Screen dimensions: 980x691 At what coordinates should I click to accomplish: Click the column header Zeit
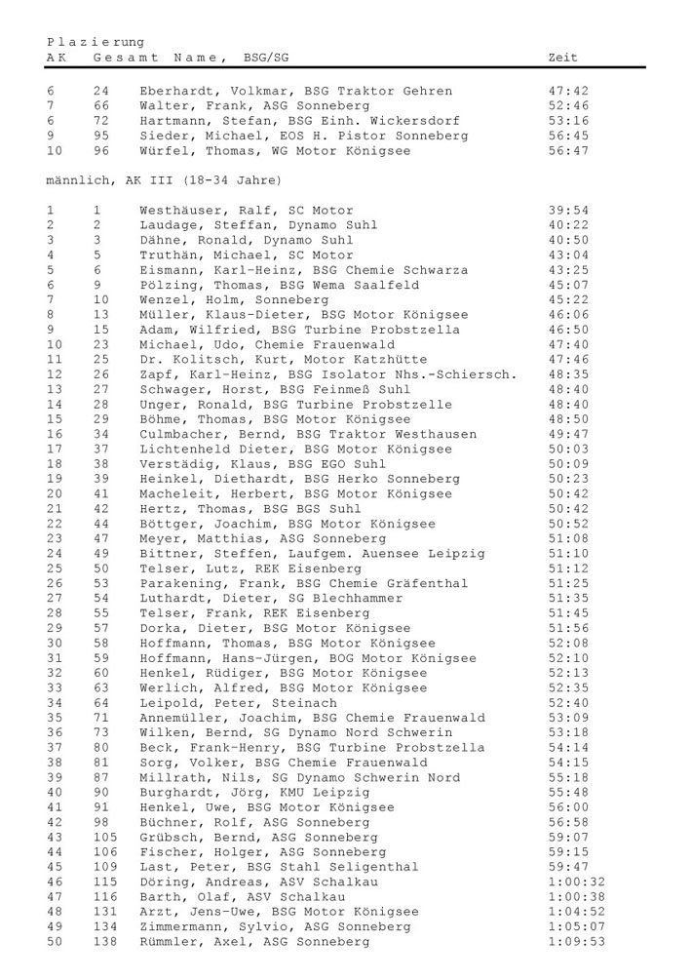click(x=563, y=58)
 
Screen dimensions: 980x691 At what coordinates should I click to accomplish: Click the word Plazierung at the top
click(x=96, y=42)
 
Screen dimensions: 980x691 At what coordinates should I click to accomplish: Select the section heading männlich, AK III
click(x=164, y=180)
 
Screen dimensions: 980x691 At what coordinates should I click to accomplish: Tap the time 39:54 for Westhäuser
click(x=568, y=211)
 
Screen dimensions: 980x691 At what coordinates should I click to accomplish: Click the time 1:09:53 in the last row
click(x=576, y=942)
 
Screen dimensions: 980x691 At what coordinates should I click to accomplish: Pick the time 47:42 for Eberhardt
click(x=568, y=92)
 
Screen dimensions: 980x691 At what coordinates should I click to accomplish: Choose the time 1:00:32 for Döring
click(x=576, y=882)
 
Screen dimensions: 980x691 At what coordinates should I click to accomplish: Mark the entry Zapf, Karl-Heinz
click(x=327, y=374)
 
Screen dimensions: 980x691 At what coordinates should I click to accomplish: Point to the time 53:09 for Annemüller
click(x=568, y=718)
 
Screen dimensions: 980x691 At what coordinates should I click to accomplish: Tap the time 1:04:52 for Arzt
click(x=576, y=912)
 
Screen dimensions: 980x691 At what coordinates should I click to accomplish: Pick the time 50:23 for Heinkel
click(x=568, y=479)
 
